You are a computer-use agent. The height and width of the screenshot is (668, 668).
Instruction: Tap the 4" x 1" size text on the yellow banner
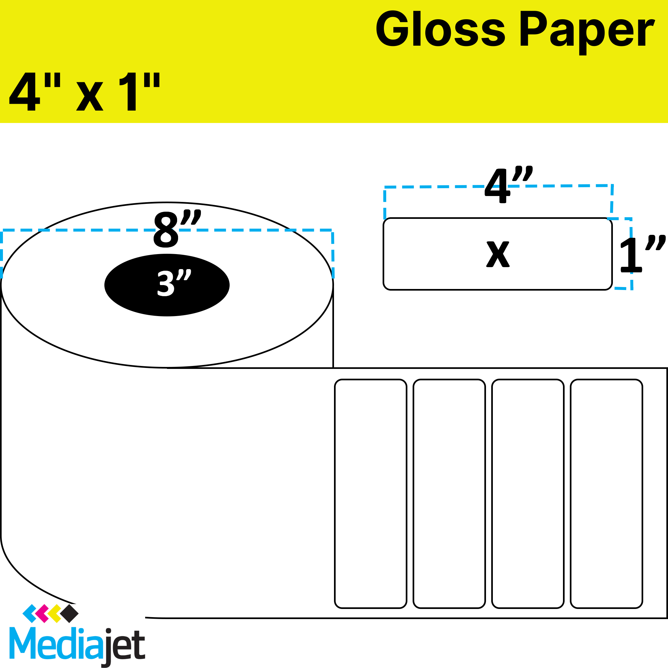pos(85,92)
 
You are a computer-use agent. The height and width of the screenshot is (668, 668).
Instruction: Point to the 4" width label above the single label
pos(508,185)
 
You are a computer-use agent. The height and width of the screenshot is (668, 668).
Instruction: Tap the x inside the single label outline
pos(498,254)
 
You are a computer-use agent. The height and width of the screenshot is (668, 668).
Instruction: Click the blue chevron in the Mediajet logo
pos(29,614)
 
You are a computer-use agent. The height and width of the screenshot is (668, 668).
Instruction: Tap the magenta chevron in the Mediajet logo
pos(42,614)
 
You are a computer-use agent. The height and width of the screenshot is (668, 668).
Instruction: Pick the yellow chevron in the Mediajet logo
pos(54,614)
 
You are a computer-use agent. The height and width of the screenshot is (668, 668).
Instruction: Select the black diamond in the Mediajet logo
pos(69,614)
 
